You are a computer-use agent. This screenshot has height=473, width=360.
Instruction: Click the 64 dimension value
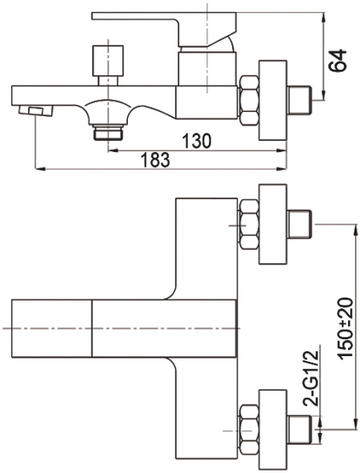(338, 60)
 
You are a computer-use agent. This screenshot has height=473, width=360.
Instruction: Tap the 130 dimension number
(197, 141)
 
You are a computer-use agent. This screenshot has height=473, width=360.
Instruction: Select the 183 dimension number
(156, 160)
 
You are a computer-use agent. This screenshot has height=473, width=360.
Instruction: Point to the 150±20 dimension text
(346, 328)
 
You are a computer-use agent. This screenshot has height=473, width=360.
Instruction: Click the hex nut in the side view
(249, 101)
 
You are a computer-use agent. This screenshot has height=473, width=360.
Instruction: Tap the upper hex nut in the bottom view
(249, 224)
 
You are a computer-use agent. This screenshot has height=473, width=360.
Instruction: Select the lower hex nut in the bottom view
(249, 430)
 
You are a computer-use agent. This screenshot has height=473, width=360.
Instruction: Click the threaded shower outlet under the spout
(108, 132)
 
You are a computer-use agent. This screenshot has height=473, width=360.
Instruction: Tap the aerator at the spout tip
(35, 110)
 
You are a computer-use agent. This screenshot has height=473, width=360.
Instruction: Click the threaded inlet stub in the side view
(300, 100)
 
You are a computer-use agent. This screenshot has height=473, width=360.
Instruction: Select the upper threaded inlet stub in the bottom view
(300, 224)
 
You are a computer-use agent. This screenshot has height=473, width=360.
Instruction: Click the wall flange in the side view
(273, 100)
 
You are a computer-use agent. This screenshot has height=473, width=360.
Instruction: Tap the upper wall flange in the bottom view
(273, 224)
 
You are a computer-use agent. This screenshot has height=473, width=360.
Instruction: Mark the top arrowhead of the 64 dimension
(324, 17)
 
